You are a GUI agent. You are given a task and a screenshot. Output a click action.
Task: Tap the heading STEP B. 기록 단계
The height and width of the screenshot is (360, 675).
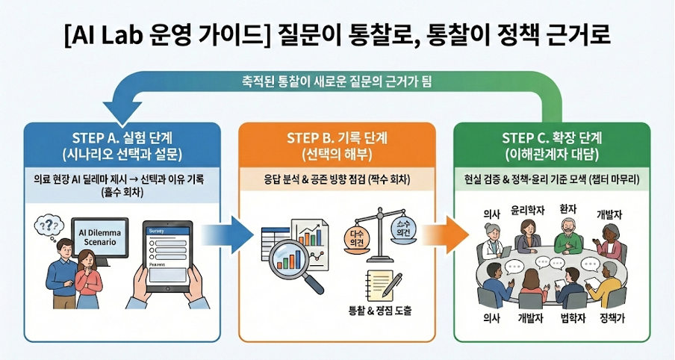point(337,138)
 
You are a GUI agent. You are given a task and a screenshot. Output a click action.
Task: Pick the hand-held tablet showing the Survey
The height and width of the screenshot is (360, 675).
point(168,255)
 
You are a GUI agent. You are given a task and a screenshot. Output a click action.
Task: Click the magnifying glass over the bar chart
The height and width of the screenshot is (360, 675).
point(297,261)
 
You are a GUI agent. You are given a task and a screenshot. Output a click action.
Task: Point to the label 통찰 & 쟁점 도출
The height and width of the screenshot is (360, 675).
point(380,311)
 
